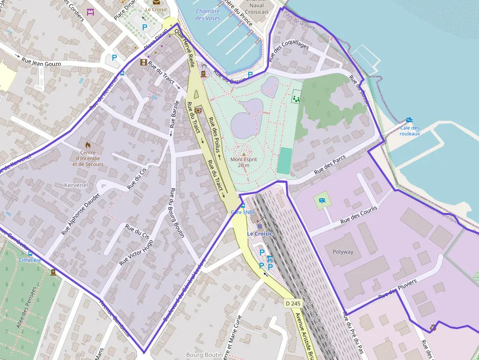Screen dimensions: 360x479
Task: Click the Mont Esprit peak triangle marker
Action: click(244, 154)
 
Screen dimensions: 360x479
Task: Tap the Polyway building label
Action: click(343, 252)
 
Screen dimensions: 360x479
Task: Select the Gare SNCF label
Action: click(243, 212)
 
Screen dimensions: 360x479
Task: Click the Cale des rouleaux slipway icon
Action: click(409, 120)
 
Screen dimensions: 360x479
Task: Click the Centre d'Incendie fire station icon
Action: click(88, 145)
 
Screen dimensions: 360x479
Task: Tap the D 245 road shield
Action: click(293, 303)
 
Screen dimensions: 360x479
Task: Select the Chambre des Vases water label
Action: click(208, 15)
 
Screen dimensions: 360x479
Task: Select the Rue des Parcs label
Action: click(330, 165)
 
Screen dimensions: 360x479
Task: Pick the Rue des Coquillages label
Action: click(289, 52)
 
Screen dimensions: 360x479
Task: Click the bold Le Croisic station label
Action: click(260, 233)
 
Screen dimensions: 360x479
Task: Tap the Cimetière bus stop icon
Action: click(31, 254)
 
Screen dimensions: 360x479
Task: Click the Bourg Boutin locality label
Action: click(201, 355)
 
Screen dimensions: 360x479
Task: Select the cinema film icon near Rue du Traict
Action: click(143, 62)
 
